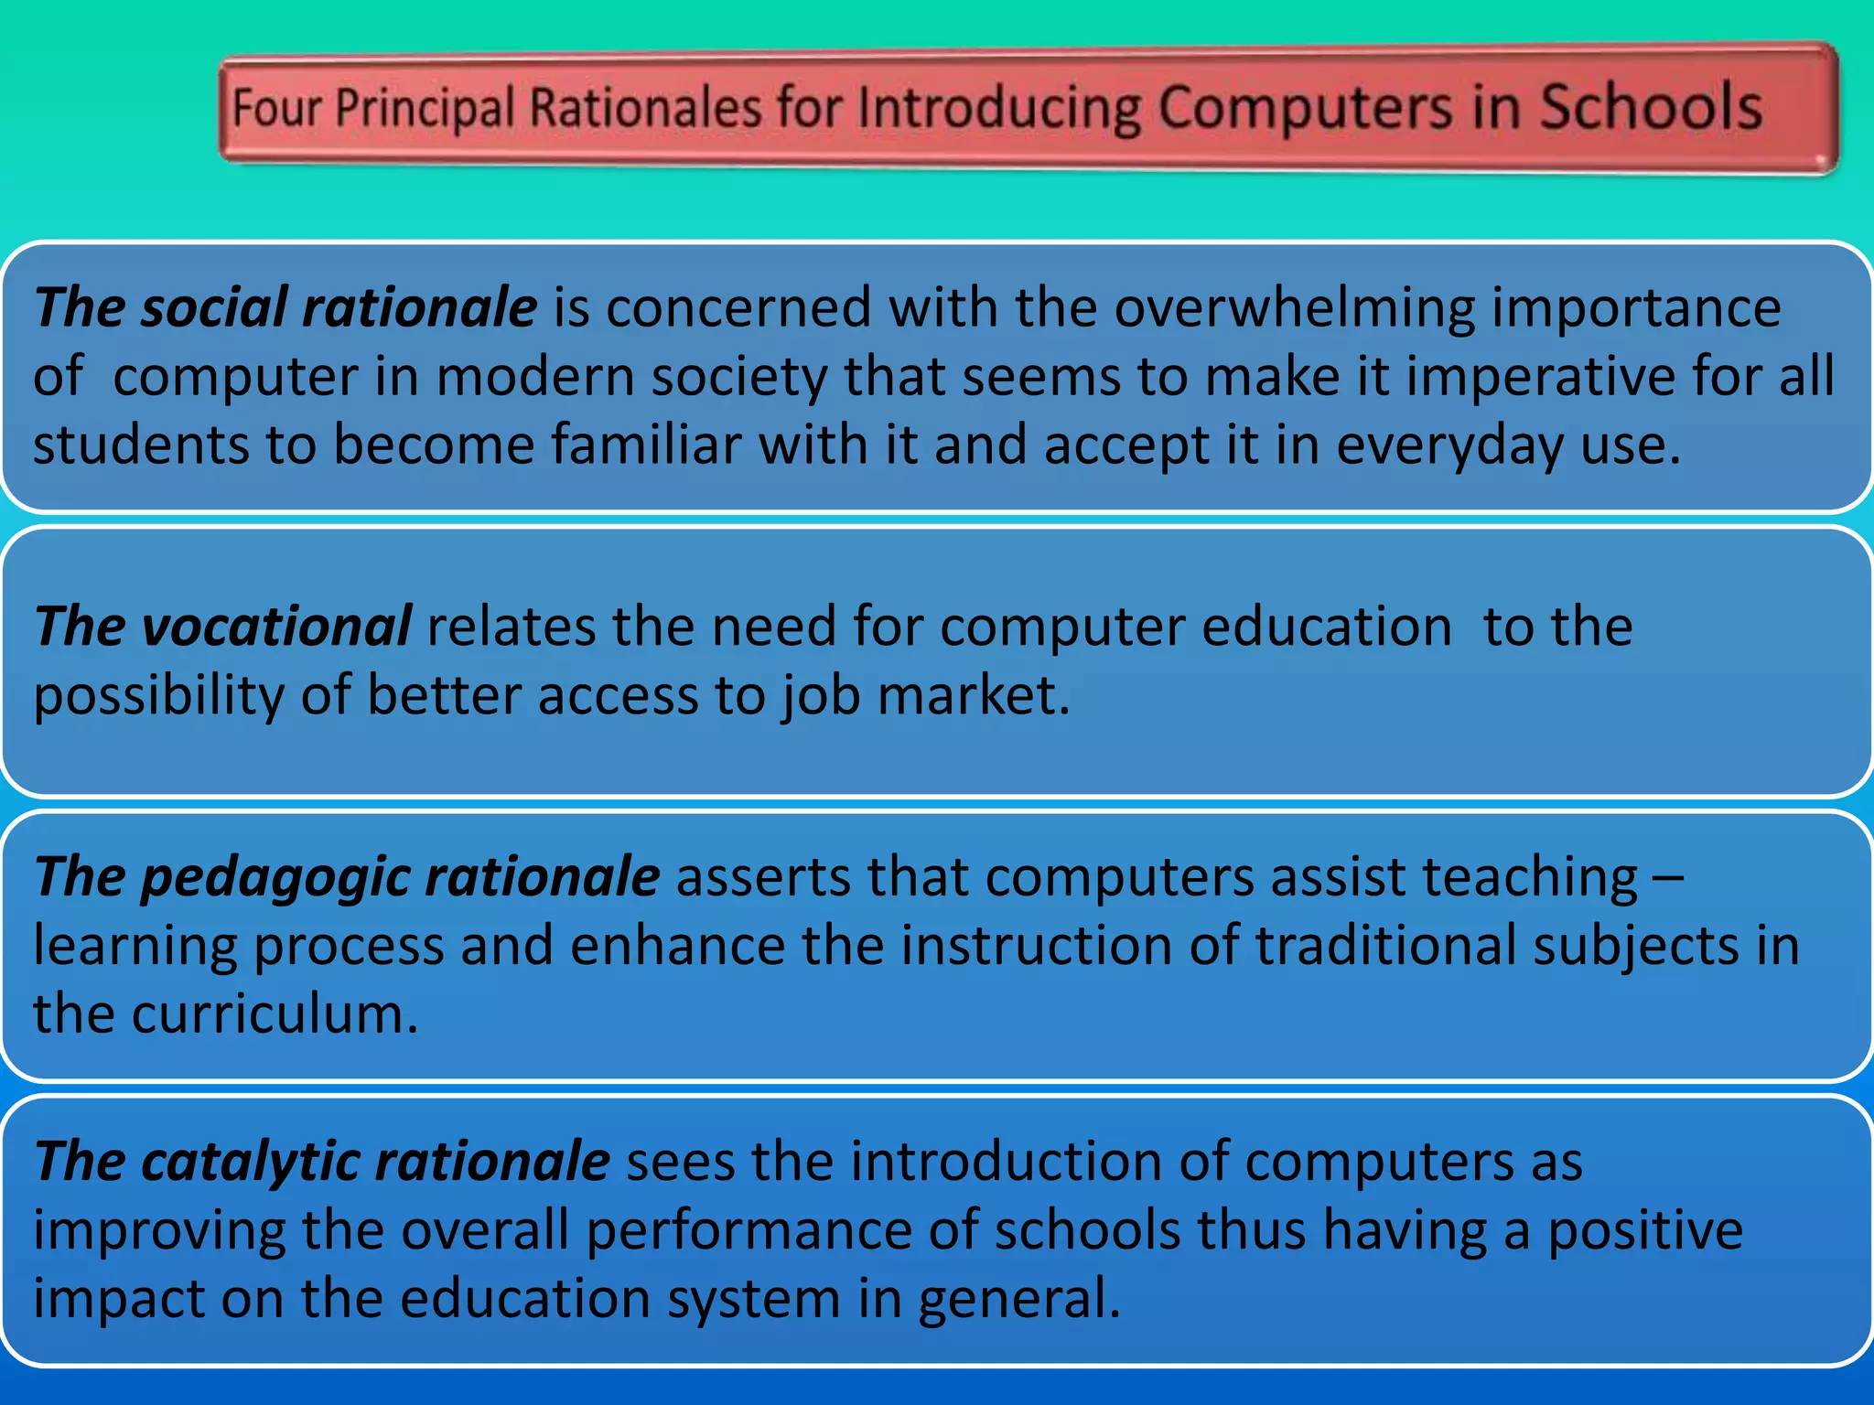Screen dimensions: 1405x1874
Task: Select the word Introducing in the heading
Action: tap(998, 109)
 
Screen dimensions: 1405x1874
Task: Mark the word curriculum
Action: tap(275, 1014)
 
